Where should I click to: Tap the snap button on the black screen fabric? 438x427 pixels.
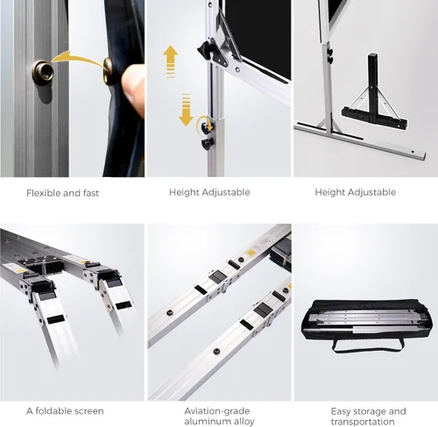pyautogui.click(x=108, y=71)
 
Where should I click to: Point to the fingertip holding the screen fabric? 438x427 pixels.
pyautogui.click(x=133, y=89)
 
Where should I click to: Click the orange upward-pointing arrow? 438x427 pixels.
pyautogui.click(x=170, y=61)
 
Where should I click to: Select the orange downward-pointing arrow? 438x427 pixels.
pyautogui.click(x=186, y=110)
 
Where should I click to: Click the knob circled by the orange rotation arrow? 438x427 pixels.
pyautogui.click(x=208, y=126)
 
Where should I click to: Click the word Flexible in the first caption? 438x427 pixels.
pyautogui.click(x=43, y=193)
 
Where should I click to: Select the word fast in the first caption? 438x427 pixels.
pyautogui.click(x=90, y=193)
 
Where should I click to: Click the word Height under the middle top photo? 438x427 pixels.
pyautogui.click(x=184, y=192)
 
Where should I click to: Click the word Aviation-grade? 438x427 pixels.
pyautogui.click(x=217, y=411)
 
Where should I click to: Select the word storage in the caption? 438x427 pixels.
pyautogui.click(x=369, y=411)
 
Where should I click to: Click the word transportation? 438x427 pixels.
pyautogui.click(x=363, y=422)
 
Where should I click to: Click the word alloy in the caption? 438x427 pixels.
pyautogui.click(x=243, y=422)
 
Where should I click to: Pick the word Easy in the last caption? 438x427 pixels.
pyautogui.click(x=340, y=411)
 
